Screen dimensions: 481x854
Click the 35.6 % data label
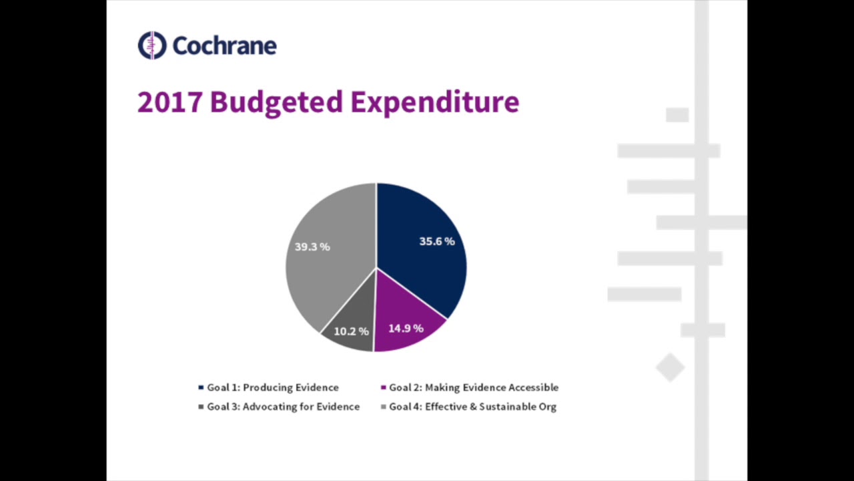coord(437,241)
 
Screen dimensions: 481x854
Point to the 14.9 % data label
coord(406,329)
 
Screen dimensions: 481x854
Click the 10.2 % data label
coord(351,331)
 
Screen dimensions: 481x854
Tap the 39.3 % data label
coord(312,247)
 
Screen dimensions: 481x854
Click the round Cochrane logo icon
coord(152,45)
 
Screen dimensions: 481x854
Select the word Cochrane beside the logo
coord(224,45)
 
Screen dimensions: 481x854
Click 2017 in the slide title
coord(169,102)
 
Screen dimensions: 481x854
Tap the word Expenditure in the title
coord(434,102)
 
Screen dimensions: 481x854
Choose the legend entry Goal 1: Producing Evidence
coord(272,387)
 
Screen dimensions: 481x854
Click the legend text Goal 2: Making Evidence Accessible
coord(474,387)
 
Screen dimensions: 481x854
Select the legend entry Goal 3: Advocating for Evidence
coord(283,406)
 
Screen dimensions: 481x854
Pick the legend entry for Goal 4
coord(472,406)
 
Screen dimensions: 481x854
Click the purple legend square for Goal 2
coord(384,387)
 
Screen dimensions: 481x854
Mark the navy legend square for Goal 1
coord(201,387)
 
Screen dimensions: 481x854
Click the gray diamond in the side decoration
coord(671,367)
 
